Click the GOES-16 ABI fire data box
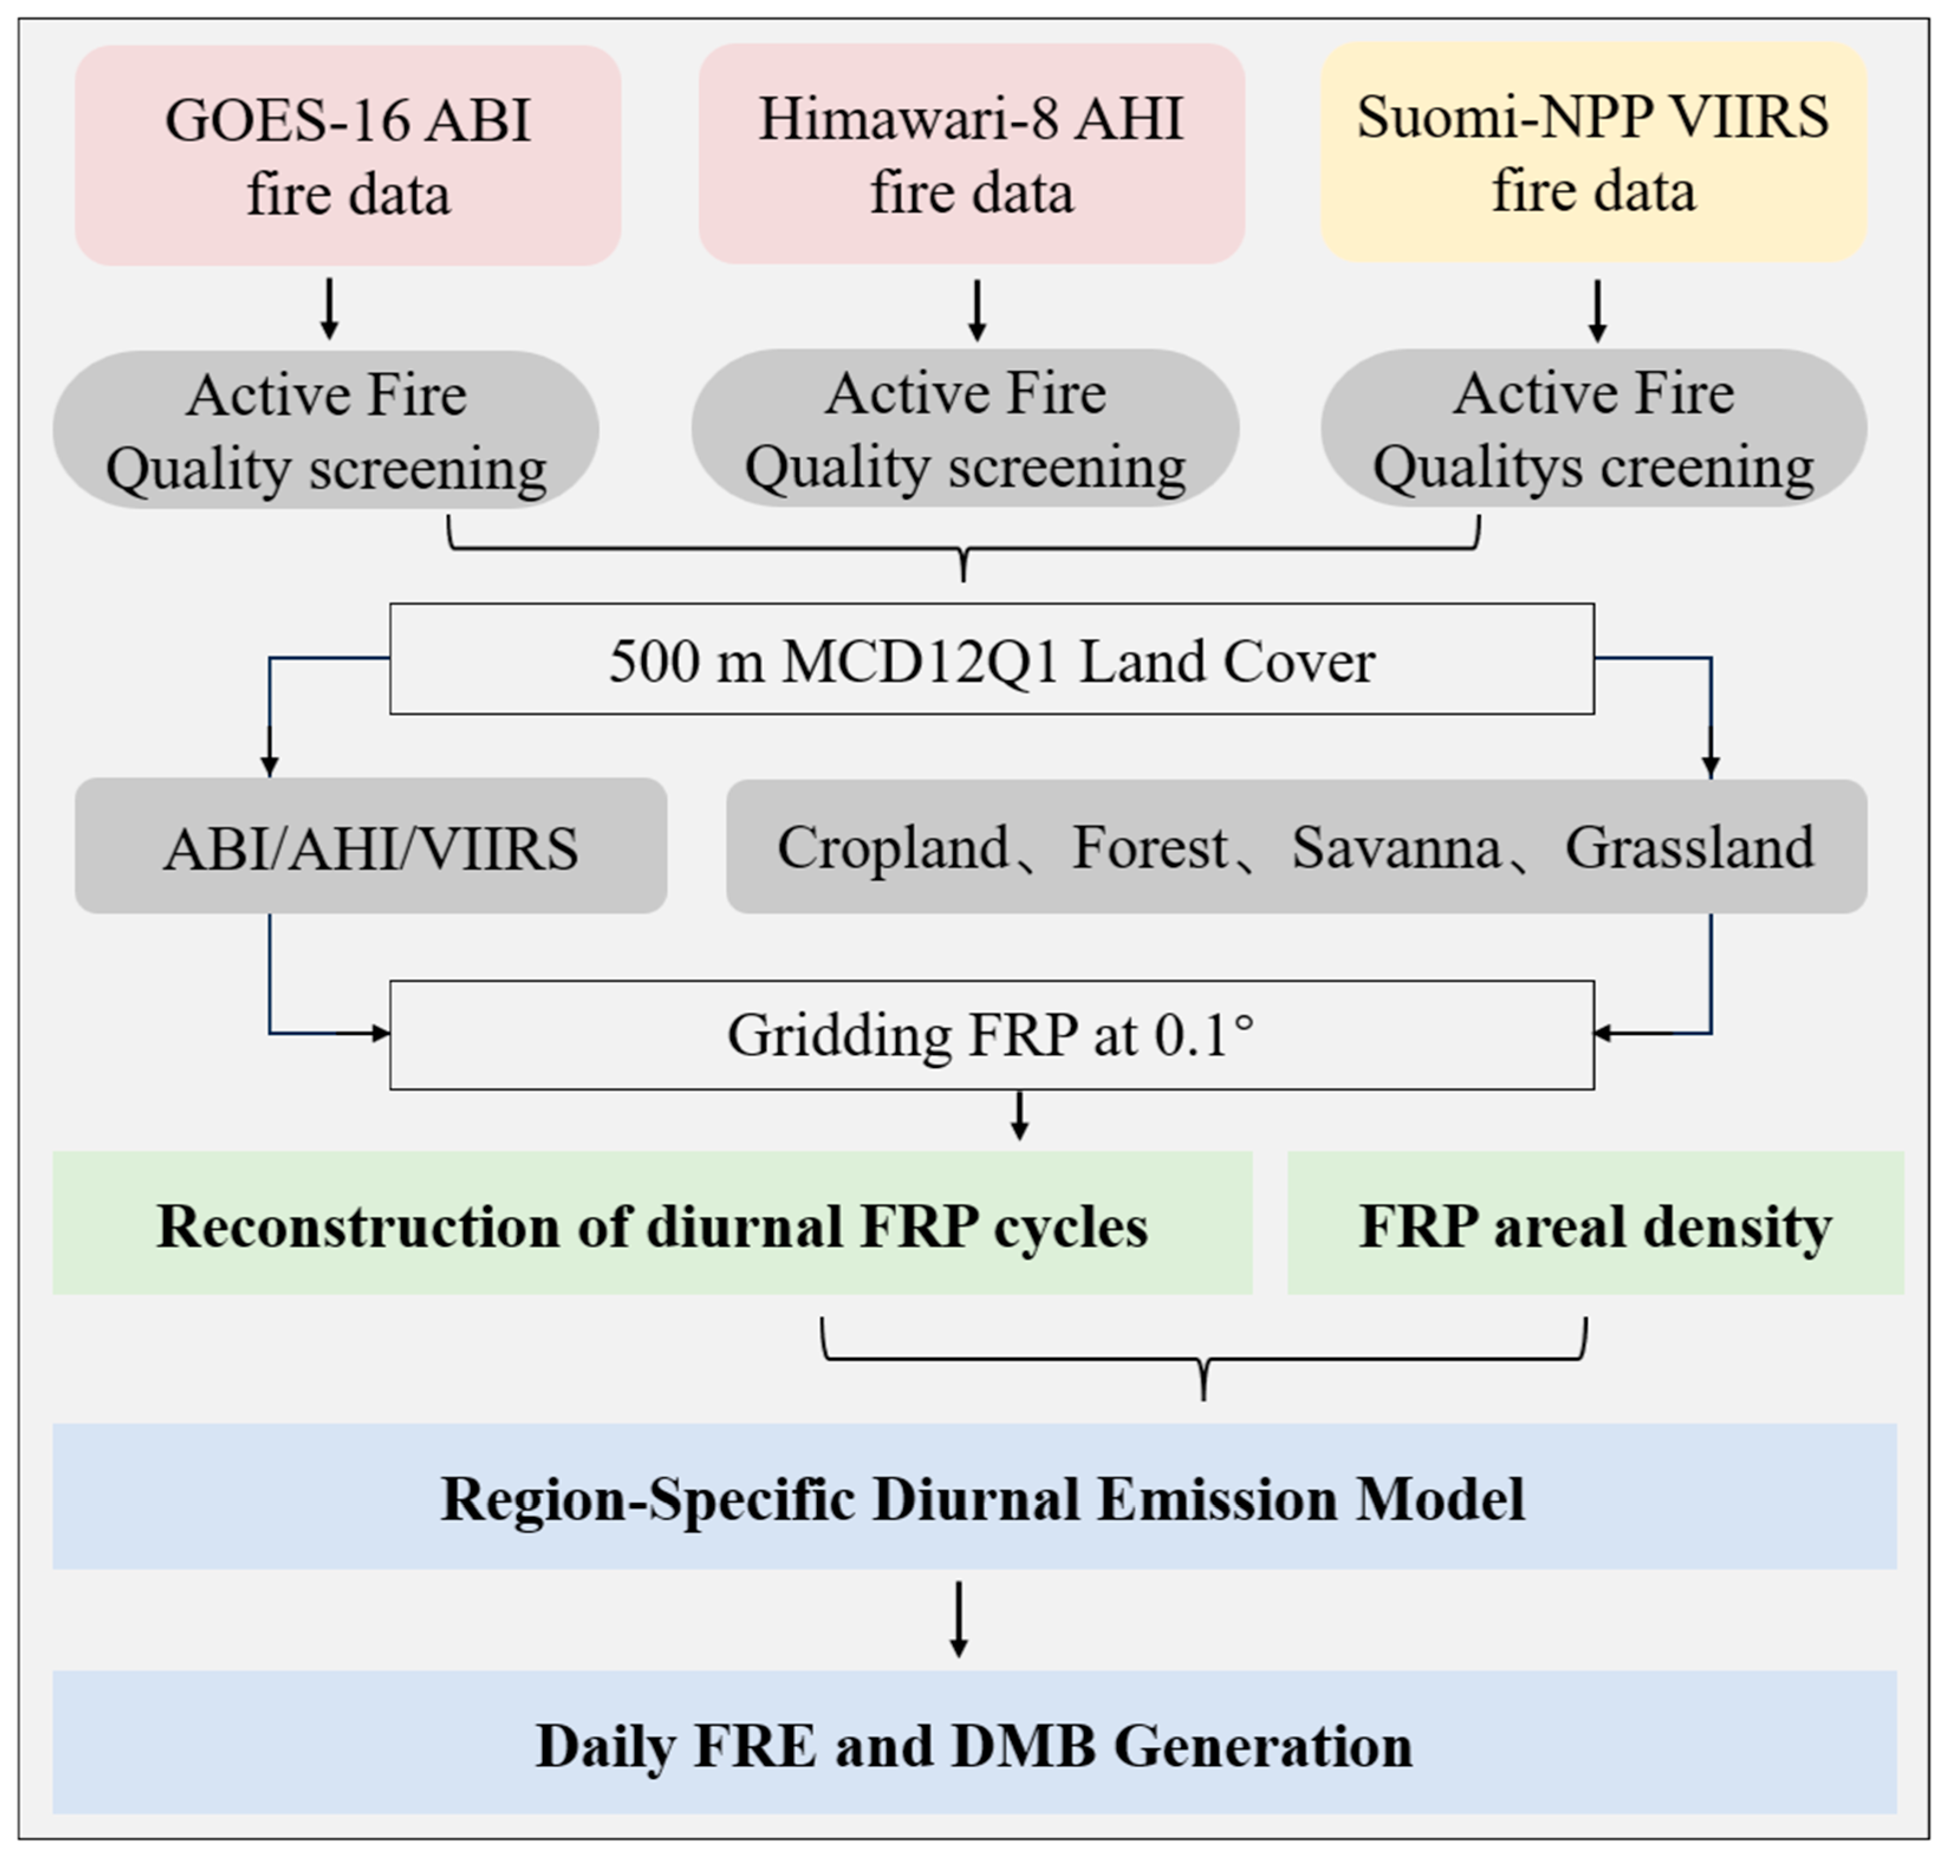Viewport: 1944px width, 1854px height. coord(348,155)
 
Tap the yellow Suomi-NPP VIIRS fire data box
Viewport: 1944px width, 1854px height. coord(1593,152)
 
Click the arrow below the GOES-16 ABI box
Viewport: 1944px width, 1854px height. coord(330,308)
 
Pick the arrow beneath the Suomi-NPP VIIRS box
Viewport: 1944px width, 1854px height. coord(1596,310)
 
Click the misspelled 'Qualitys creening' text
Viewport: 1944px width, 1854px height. coord(1593,467)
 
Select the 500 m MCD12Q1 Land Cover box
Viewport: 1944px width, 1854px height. coord(991,659)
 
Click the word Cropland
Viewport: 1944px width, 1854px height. coord(893,848)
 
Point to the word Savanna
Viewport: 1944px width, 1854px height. coord(1395,848)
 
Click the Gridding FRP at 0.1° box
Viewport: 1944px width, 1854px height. coord(991,1035)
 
